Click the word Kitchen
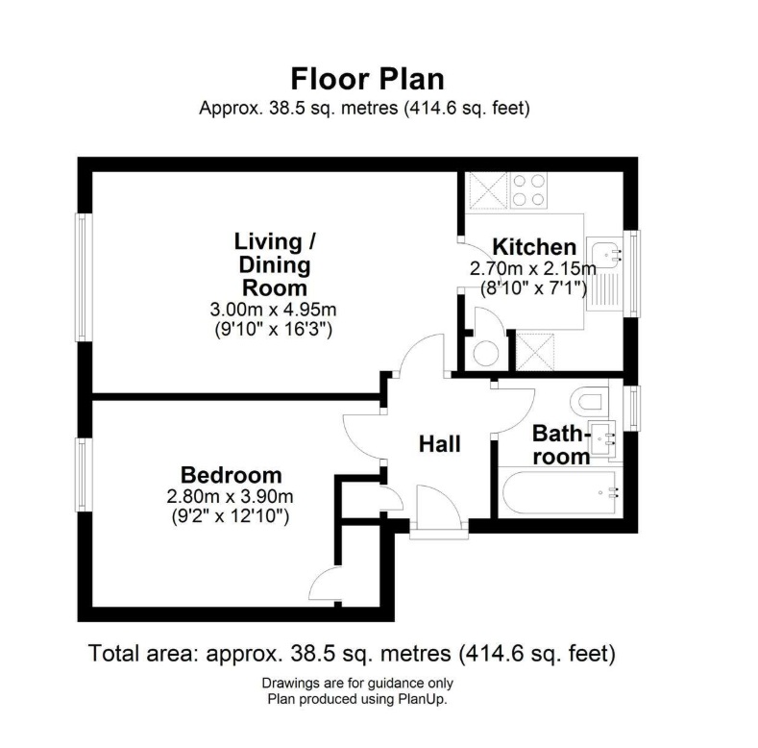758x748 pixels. tap(534, 246)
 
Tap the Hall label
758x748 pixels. tap(439, 444)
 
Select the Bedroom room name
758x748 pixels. tap(232, 475)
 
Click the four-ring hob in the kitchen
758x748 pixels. tap(528, 189)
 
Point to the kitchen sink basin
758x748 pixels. tap(606, 254)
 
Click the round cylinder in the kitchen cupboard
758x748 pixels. tap(487, 353)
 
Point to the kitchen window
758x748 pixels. tap(631, 273)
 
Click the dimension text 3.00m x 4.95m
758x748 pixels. tap(273, 311)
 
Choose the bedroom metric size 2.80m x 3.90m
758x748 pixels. tap(229, 497)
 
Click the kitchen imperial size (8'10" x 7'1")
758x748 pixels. tap(533, 287)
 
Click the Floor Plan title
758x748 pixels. tap(367, 78)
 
